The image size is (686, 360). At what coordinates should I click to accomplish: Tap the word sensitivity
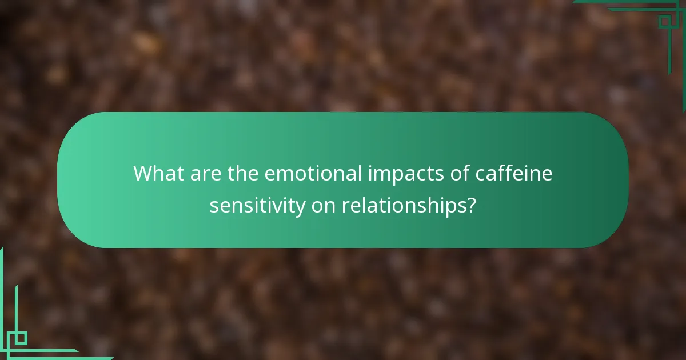[x=257, y=206]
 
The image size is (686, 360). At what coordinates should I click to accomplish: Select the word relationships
[x=404, y=206]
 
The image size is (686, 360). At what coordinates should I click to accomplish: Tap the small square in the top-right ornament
[x=664, y=22]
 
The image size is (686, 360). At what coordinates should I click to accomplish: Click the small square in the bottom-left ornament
[x=21, y=338]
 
